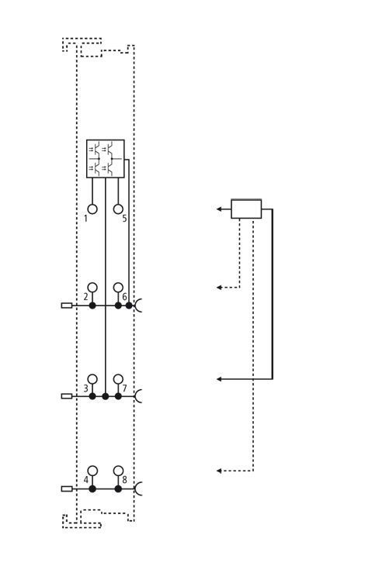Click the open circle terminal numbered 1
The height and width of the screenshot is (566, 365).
(x=92, y=209)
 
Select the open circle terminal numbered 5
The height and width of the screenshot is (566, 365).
(x=118, y=209)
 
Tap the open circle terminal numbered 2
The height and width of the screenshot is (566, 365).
(x=92, y=288)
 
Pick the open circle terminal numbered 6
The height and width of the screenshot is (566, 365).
(x=118, y=288)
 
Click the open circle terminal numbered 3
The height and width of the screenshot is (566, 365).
(x=92, y=379)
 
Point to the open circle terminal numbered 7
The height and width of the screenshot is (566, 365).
(x=118, y=379)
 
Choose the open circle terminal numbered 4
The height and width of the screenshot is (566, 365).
(x=92, y=471)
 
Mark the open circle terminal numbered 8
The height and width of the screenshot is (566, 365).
(x=118, y=471)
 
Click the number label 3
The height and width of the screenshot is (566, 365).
(x=85, y=388)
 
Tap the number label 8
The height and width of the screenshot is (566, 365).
(x=125, y=480)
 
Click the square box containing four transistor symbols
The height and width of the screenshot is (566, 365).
(x=106, y=159)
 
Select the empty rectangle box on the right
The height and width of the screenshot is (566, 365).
(x=246, y=209)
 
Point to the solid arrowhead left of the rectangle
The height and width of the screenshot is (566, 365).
(x=219, y=209)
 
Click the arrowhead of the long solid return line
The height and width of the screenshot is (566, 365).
(x=219, y=379)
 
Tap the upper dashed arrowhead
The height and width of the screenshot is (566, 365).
(x=219, y=288)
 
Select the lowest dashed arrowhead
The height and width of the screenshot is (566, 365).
(x=219, y=471)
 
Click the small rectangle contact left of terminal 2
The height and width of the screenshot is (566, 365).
(x=67, y=305)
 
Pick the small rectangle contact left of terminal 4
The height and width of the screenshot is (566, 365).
(x=67, y=488)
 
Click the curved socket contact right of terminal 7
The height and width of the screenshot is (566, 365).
(x=137, y=396)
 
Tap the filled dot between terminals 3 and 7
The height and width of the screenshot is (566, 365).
(x=106, y=396)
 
